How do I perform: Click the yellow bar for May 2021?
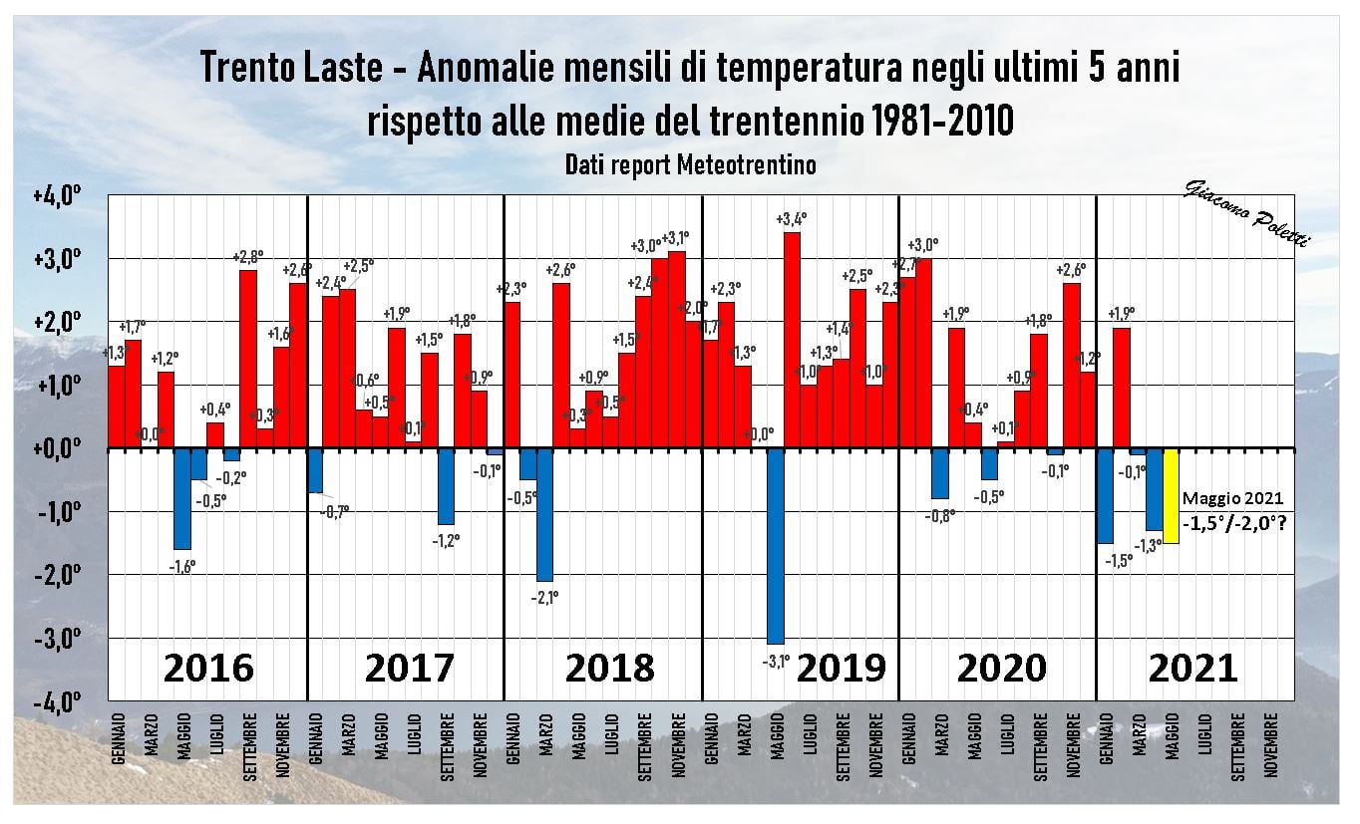(x=1171, y=495)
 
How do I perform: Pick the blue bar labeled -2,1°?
(x=545, y=514)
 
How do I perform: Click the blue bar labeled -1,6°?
(x=182, y=498)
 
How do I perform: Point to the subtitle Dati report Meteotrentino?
(x=690, y=165)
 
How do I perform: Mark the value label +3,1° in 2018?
(x=675, y=238)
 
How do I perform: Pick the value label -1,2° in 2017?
(x=447, y=540)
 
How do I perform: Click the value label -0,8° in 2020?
(x=940, y=515)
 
